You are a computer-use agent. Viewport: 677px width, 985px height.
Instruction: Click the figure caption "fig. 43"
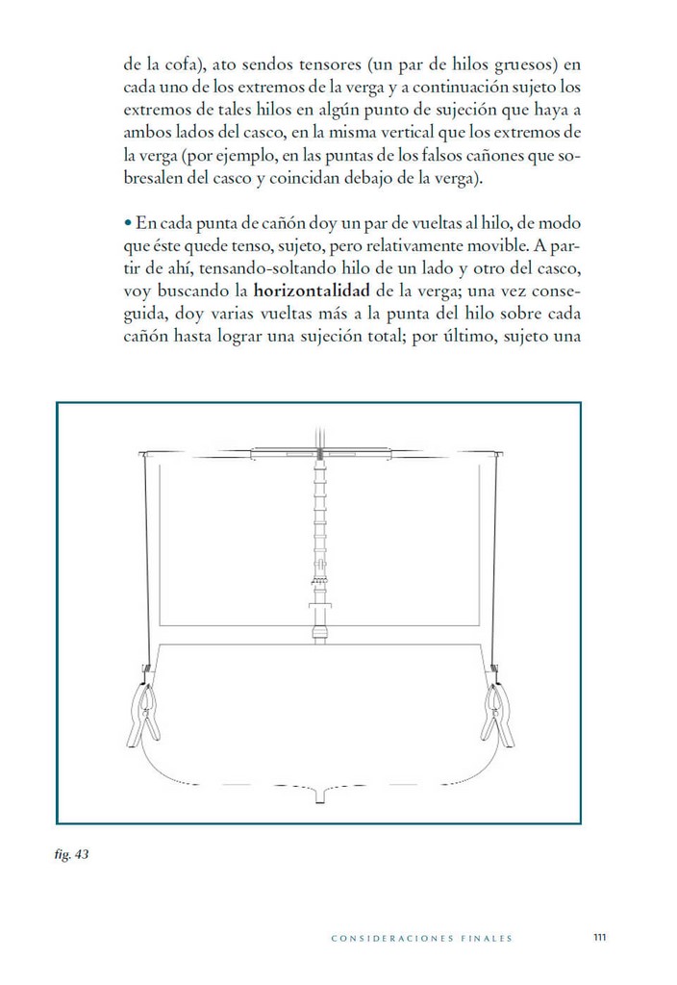click(72, 855)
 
